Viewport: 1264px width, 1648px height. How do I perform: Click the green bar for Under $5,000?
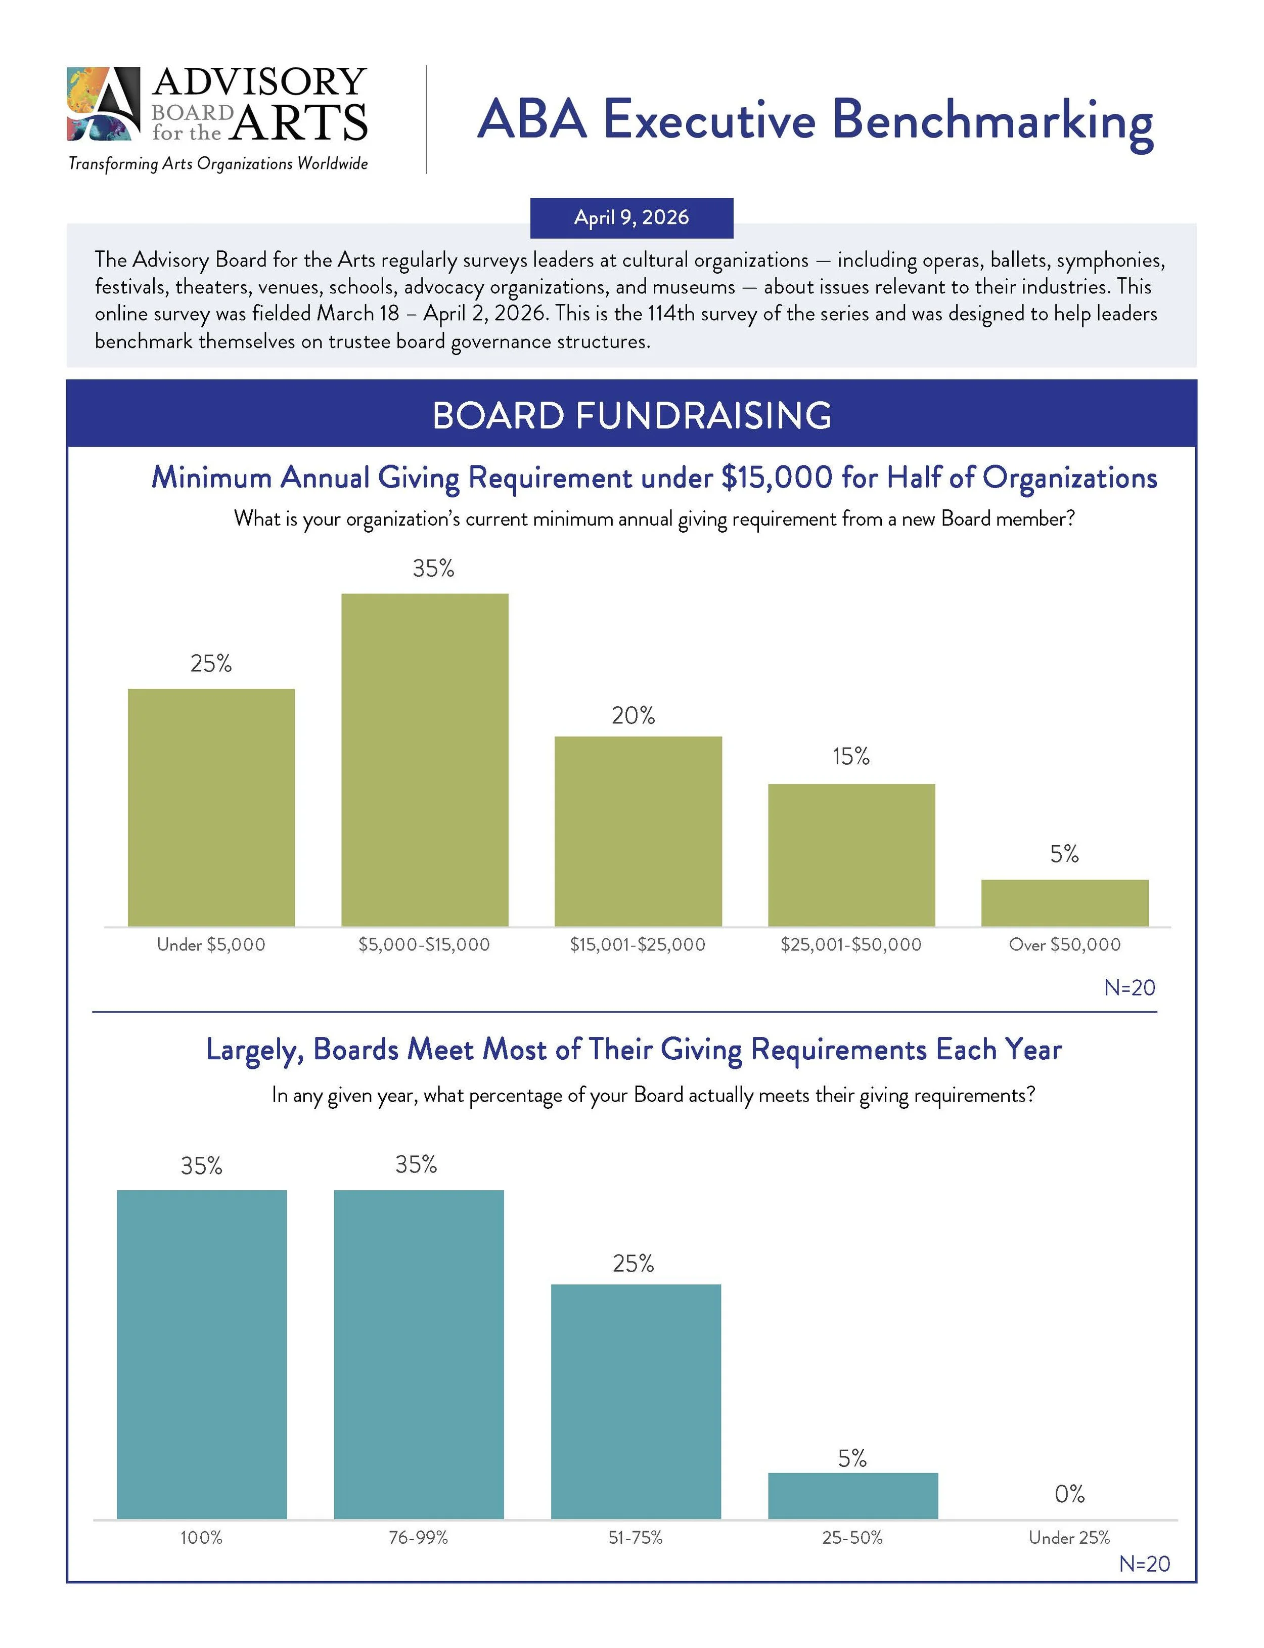coord(211,807)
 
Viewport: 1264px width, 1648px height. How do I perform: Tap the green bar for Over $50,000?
coord(1065,902)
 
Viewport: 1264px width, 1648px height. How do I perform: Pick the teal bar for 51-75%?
coord(636,1401)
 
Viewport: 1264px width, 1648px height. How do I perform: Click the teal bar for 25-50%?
coord(852,1495)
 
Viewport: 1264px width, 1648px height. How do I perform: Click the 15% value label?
coord(850,756)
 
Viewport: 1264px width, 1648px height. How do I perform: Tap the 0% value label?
coord(1069,1494)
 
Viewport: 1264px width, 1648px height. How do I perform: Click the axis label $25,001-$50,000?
coord(851,944)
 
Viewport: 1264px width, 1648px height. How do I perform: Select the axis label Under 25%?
coord(1069,1537)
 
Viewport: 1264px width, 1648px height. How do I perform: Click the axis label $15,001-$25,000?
coord(637,944)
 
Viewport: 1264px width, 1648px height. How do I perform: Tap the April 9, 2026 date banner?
coord(631,218)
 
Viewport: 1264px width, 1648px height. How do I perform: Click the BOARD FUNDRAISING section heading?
coord(631,415)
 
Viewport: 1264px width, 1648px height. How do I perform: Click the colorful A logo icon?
coord(103,104)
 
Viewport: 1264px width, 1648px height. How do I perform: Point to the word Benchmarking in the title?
coord(992,120)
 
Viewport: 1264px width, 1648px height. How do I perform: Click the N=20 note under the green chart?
coord(1128,987)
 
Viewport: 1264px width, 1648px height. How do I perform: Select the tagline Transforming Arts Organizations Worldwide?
coord(218,163)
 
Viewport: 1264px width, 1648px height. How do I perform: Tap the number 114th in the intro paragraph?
coord(670,314)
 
